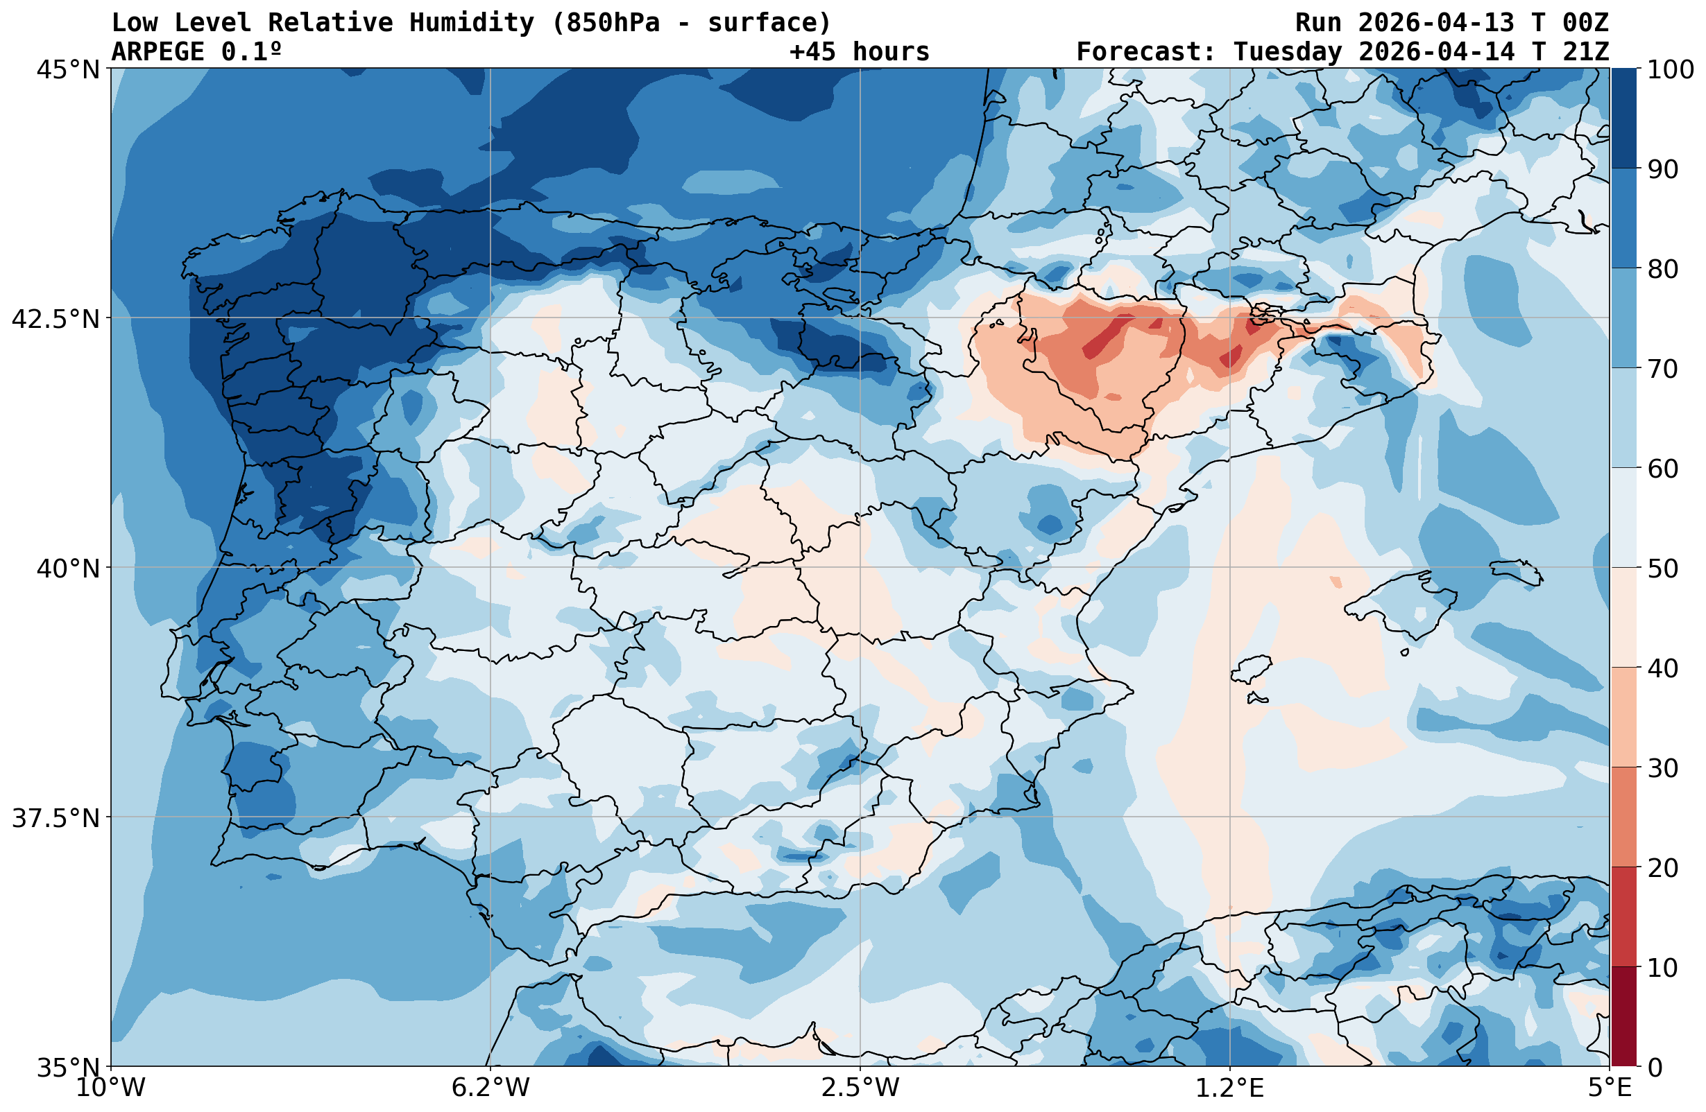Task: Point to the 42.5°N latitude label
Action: click(56, 319)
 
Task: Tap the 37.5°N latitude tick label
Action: click(56, 817)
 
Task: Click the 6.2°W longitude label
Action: click(491, 1088)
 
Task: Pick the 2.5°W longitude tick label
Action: click(860, 1088)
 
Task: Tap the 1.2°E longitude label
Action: click(1230, 1088)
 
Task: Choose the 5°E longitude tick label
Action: click(1610, 1088)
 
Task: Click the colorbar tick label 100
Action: click(1671, 70)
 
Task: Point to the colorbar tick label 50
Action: click(1663, 569)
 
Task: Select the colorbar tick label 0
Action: click(1655, 1068)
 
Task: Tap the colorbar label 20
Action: click(1663, 869)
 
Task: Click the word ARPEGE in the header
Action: click(157, 51)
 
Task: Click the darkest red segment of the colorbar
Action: click(1623, 1017)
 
